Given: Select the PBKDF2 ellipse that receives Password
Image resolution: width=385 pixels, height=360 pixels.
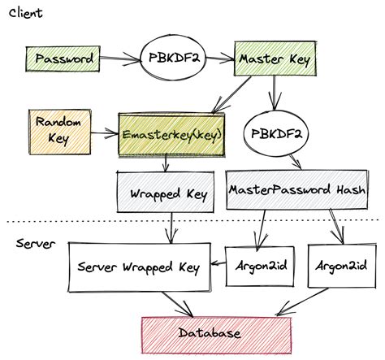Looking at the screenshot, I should click(x=172, y=59).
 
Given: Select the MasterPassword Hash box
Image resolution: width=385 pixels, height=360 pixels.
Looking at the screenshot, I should click(x=296, y=190).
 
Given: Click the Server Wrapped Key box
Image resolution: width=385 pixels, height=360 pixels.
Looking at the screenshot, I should click(x=138, y=266).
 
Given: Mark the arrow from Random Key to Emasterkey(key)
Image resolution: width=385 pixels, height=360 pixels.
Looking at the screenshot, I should click(x=101, y=130).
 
